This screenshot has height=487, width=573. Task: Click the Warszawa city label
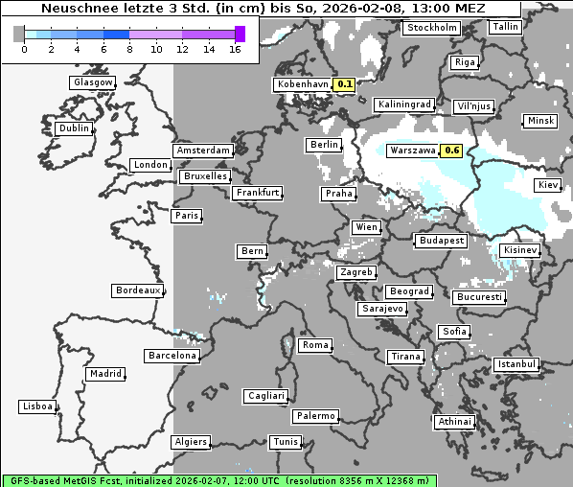coord(412,151)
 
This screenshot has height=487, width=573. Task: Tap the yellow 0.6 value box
coord(452,151)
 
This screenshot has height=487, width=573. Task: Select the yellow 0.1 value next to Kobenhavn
coord(345,84)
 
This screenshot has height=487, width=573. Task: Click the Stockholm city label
coord(430,28)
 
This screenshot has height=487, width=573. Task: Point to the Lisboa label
coord(37,406)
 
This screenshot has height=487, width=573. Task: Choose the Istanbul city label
coord(516,364)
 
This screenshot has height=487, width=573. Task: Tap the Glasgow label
coord(93,82)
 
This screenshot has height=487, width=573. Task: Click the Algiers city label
coord(190,442)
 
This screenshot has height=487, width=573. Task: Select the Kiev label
coord(548,184)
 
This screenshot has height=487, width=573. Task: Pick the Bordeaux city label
coord(137,290)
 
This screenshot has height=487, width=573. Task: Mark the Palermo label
coord(315,416)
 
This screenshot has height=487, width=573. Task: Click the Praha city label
coord(338,194)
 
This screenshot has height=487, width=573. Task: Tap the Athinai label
coord(453,422)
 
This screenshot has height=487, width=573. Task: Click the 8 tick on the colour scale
coord(129,49)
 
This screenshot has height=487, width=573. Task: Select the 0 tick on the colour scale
coord(23,49)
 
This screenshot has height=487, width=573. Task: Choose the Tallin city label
coord(504,26)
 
